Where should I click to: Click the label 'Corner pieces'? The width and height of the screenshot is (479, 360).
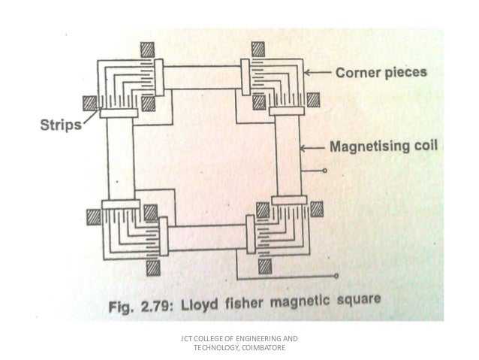[x=381, y=73]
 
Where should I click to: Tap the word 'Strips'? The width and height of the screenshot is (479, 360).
[x=60, y=125]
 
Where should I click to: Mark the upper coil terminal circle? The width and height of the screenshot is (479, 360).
[x=324, y=171]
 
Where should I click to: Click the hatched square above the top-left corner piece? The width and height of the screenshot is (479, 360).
[x=147, y=49]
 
